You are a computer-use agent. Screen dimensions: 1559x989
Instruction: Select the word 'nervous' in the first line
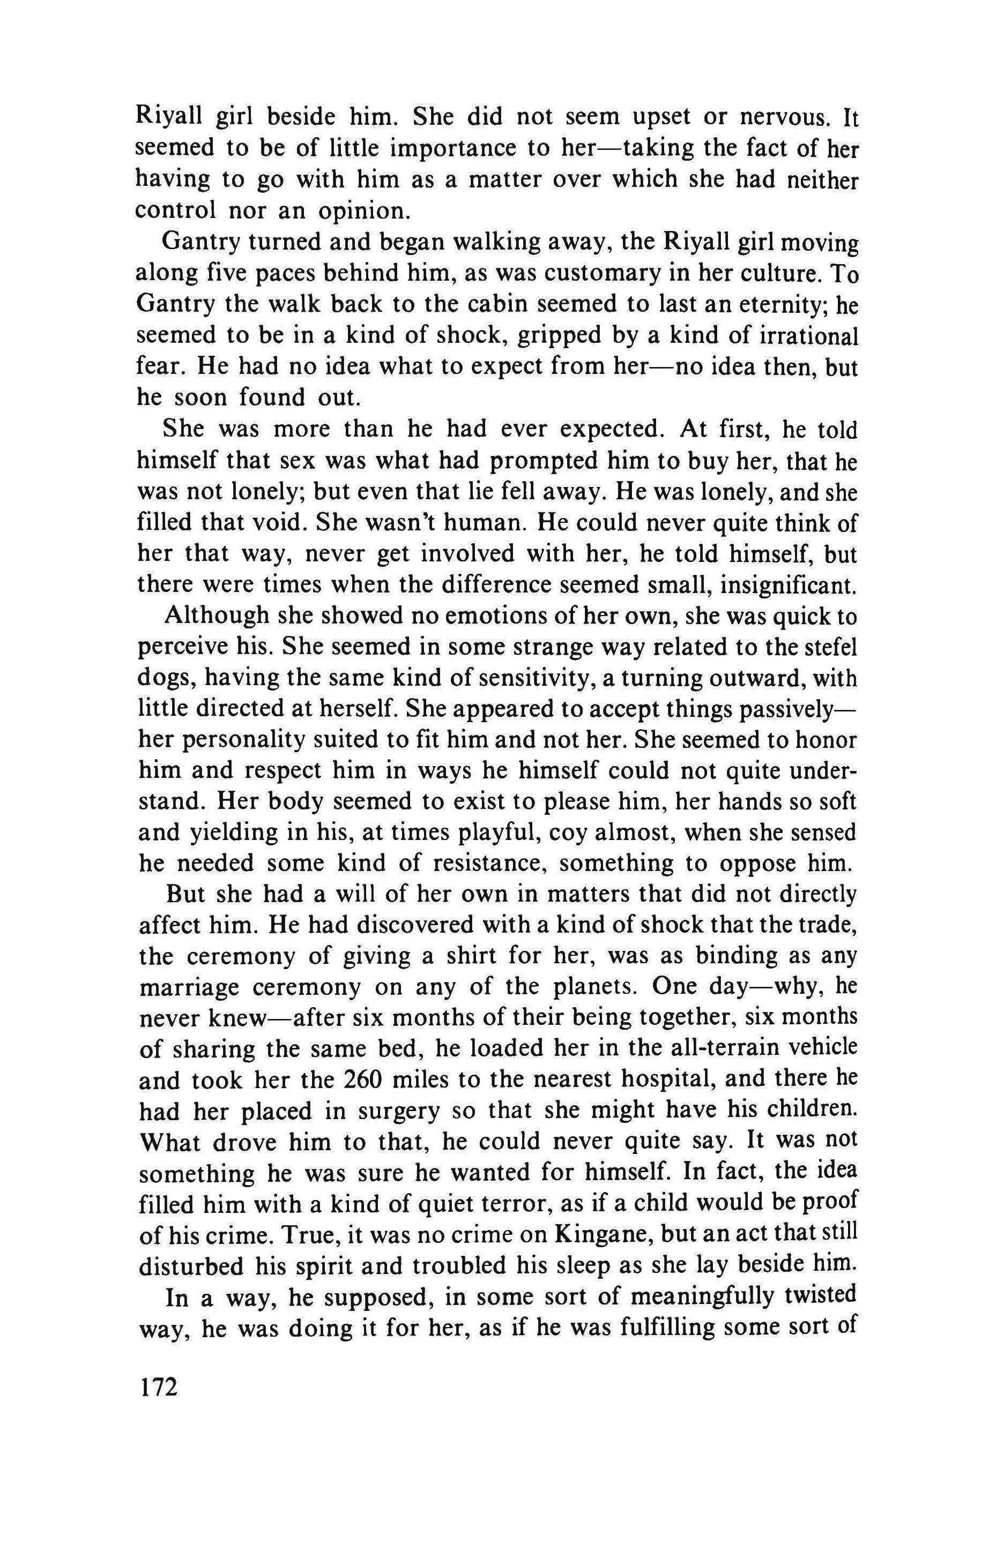click(782, 117)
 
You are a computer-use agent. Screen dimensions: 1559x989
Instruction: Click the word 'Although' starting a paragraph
click(217, 616)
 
